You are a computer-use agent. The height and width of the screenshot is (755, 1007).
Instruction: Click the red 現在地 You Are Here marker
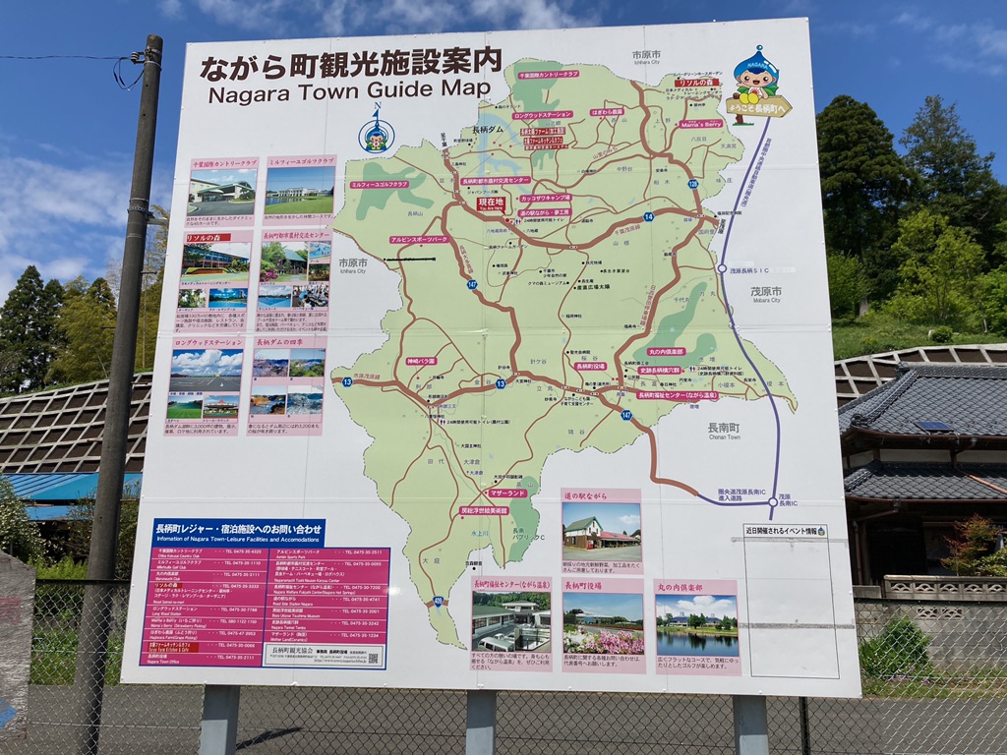(491, 203)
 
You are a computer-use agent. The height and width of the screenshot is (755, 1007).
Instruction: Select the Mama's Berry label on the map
(700, 124)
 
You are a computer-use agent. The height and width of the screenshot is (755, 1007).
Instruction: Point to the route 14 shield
(649, 215)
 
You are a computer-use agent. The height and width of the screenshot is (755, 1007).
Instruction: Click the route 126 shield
(691, 184)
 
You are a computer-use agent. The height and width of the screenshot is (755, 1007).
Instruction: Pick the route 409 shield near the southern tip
(437, 599)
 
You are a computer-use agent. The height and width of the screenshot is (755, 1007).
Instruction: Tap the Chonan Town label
(724, 432)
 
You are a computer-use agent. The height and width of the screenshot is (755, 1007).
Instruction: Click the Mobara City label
(765, 294)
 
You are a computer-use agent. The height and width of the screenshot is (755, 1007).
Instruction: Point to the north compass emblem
(376, 133)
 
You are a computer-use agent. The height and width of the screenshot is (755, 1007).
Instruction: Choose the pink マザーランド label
(506, 493)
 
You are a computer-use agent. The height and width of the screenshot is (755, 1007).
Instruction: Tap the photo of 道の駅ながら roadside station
(601, 532)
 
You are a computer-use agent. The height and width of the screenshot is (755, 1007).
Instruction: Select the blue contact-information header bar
(238, 533)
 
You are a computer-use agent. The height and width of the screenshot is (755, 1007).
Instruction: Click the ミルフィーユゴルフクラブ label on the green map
(379, 184)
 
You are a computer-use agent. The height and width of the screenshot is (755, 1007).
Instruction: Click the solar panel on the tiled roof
(933, 426)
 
